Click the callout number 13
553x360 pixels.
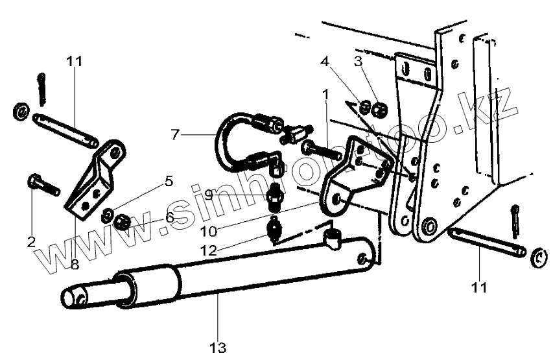pyautogui.click(x=218, y=348)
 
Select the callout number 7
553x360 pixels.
pyautogui.click(x=174, y=135)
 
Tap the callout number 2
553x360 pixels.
pyautogui.click(x=31, y=243)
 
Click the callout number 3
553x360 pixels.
pyautogui.click(x=358, y=62)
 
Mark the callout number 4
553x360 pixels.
pyautogui.click(x=325, y=62)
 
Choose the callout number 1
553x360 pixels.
pyautogui.click(x=325, y=95)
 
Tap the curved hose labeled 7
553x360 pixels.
pyautogui.click(x=224, y=133)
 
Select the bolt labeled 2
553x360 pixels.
pyautogui.click(x=43, y=186)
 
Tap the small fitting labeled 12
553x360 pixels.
pyautogui.click(x=274, y=230)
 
